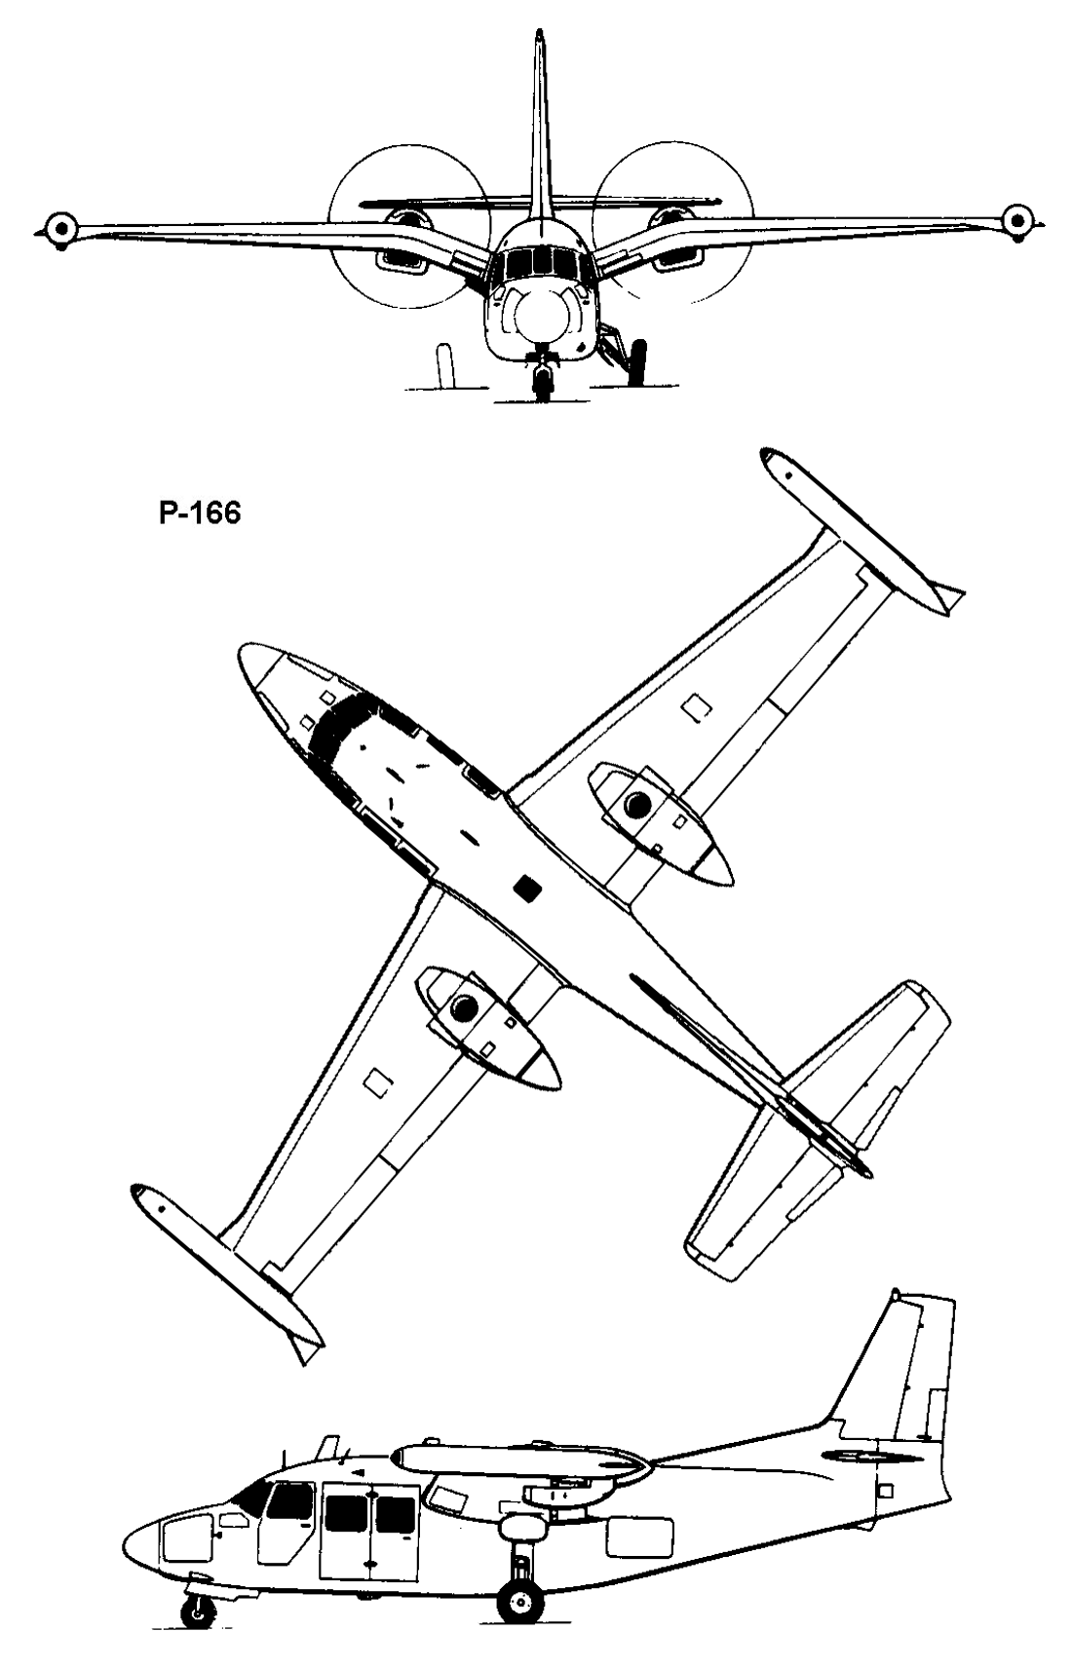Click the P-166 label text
(200, 513)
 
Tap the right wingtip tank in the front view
(1016, 219)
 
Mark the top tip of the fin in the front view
(539, 32)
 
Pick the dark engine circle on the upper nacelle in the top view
(637, 803)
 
